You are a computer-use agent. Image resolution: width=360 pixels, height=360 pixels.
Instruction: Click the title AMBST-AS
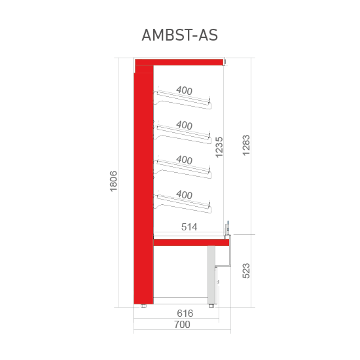(179, 35)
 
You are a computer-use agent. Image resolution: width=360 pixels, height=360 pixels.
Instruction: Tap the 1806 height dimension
(113, 181)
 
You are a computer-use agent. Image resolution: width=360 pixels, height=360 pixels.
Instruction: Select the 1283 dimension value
(246, 145)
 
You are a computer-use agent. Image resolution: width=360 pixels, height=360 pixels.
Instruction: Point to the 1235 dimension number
(219, 147)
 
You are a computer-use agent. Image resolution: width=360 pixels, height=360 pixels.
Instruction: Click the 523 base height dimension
(246, 271)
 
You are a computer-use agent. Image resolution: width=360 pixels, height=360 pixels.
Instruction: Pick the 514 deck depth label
(189, 227)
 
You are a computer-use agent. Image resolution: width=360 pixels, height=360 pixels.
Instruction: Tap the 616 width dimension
(185, 314)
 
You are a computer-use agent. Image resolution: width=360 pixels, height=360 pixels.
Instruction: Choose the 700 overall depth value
(182, 325)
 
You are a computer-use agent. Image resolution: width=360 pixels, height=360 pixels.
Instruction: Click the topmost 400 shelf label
(184, 90)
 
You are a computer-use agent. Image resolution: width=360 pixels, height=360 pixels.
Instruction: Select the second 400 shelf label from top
(184, 126)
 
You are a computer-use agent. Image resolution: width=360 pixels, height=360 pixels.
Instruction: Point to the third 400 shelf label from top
(184, 160)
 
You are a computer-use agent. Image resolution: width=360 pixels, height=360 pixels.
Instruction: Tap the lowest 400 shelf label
(184, 195)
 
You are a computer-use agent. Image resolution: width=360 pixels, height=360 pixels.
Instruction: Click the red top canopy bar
(179, 62)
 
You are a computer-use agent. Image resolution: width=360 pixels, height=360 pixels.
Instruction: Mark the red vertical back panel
(143, 185)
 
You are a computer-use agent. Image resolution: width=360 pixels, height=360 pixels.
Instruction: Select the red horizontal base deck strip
(191, 242)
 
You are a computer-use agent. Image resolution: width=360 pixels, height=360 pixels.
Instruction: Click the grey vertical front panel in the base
(211, 275)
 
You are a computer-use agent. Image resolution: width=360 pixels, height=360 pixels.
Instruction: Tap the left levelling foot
(143, 306)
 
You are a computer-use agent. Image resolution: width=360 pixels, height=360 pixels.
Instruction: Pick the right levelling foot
(211, 306)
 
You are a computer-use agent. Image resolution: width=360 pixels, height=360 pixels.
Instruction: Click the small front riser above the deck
(227, 228)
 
